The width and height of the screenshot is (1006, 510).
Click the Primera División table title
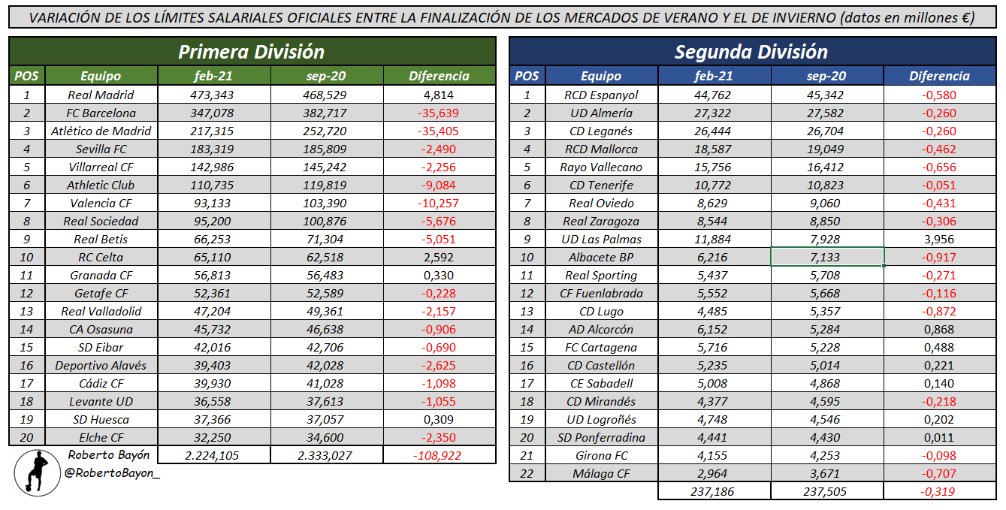click(x=252, y=52)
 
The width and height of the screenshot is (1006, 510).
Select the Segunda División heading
click(x=751, y=52)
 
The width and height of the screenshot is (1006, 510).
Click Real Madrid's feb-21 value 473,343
click(x=213, y=95)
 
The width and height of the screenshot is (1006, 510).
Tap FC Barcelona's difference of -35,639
click(x=439, y=113)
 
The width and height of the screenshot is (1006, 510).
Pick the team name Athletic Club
click(x=101, y=185)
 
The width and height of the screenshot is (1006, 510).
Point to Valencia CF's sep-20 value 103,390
click(x=326, y=203)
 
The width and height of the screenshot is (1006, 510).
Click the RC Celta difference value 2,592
click(x=439, y=257)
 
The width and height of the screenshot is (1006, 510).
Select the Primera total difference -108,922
click(x=439, y=455)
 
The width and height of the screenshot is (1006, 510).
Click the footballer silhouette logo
click(x=37, y=473)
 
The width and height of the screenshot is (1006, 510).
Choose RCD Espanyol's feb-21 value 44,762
click(x=714, y=95)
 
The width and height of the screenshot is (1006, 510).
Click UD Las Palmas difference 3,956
click(x=939, y=239)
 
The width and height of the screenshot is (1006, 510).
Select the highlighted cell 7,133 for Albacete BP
click(x=827, y=257)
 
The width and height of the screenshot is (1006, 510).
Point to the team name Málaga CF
click(x=601, y=473)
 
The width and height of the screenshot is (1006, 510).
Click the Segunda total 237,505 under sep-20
click(x=827, y=491)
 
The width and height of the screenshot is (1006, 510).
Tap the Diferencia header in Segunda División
click(x=939, y=76)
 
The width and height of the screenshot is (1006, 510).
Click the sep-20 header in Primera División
click(x=326, y=76)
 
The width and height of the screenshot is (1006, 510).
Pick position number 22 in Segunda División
click(x=527, y=473)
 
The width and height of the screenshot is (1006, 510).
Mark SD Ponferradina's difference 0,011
click(x=939, y=437)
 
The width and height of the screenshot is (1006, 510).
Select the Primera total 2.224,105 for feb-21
click(x=213, y=455)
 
